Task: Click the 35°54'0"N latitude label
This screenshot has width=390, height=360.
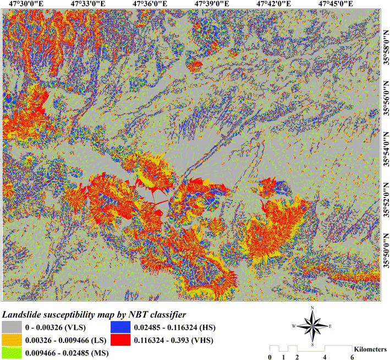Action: tap(384, 149)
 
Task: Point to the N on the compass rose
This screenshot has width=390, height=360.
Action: tap(312, 308)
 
